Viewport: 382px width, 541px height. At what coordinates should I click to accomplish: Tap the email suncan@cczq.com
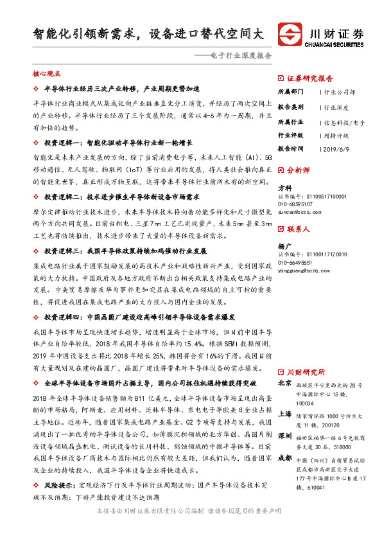299,211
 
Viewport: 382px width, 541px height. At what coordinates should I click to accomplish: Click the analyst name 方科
284,188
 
